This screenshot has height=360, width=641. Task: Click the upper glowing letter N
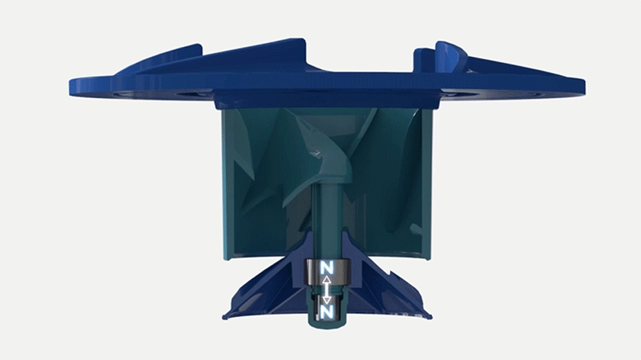pyautogui.click(x=327, y=268)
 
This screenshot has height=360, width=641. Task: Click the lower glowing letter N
pyautogui.click(x=327, y=312)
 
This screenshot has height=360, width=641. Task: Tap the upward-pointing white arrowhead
pyautogui.click(x=327, y=280)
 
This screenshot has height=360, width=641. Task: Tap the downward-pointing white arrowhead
pyautogui.click(x=327, y=300)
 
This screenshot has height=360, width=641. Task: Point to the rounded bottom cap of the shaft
pyautogui.click(x=327, y=323)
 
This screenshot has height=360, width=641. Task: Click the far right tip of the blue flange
pyautogui.click(x=584, y=86)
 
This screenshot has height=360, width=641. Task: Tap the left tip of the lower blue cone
pyautogui.click(x=223, y=316)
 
